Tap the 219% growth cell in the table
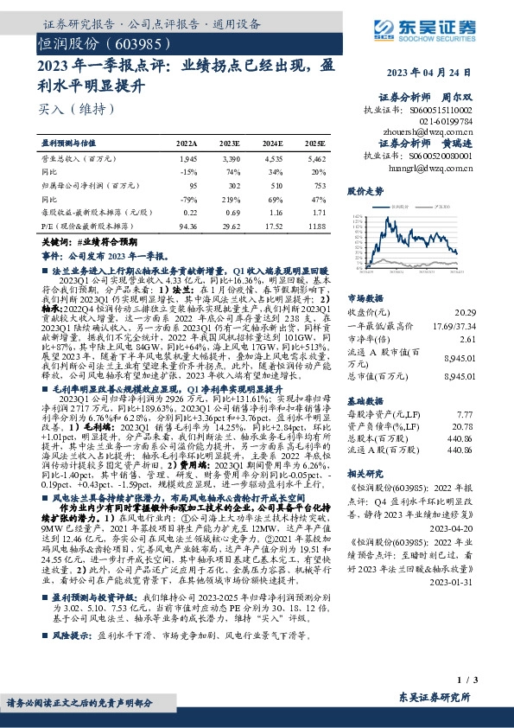230,198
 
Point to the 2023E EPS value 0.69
230,212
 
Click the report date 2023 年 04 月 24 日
426,72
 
